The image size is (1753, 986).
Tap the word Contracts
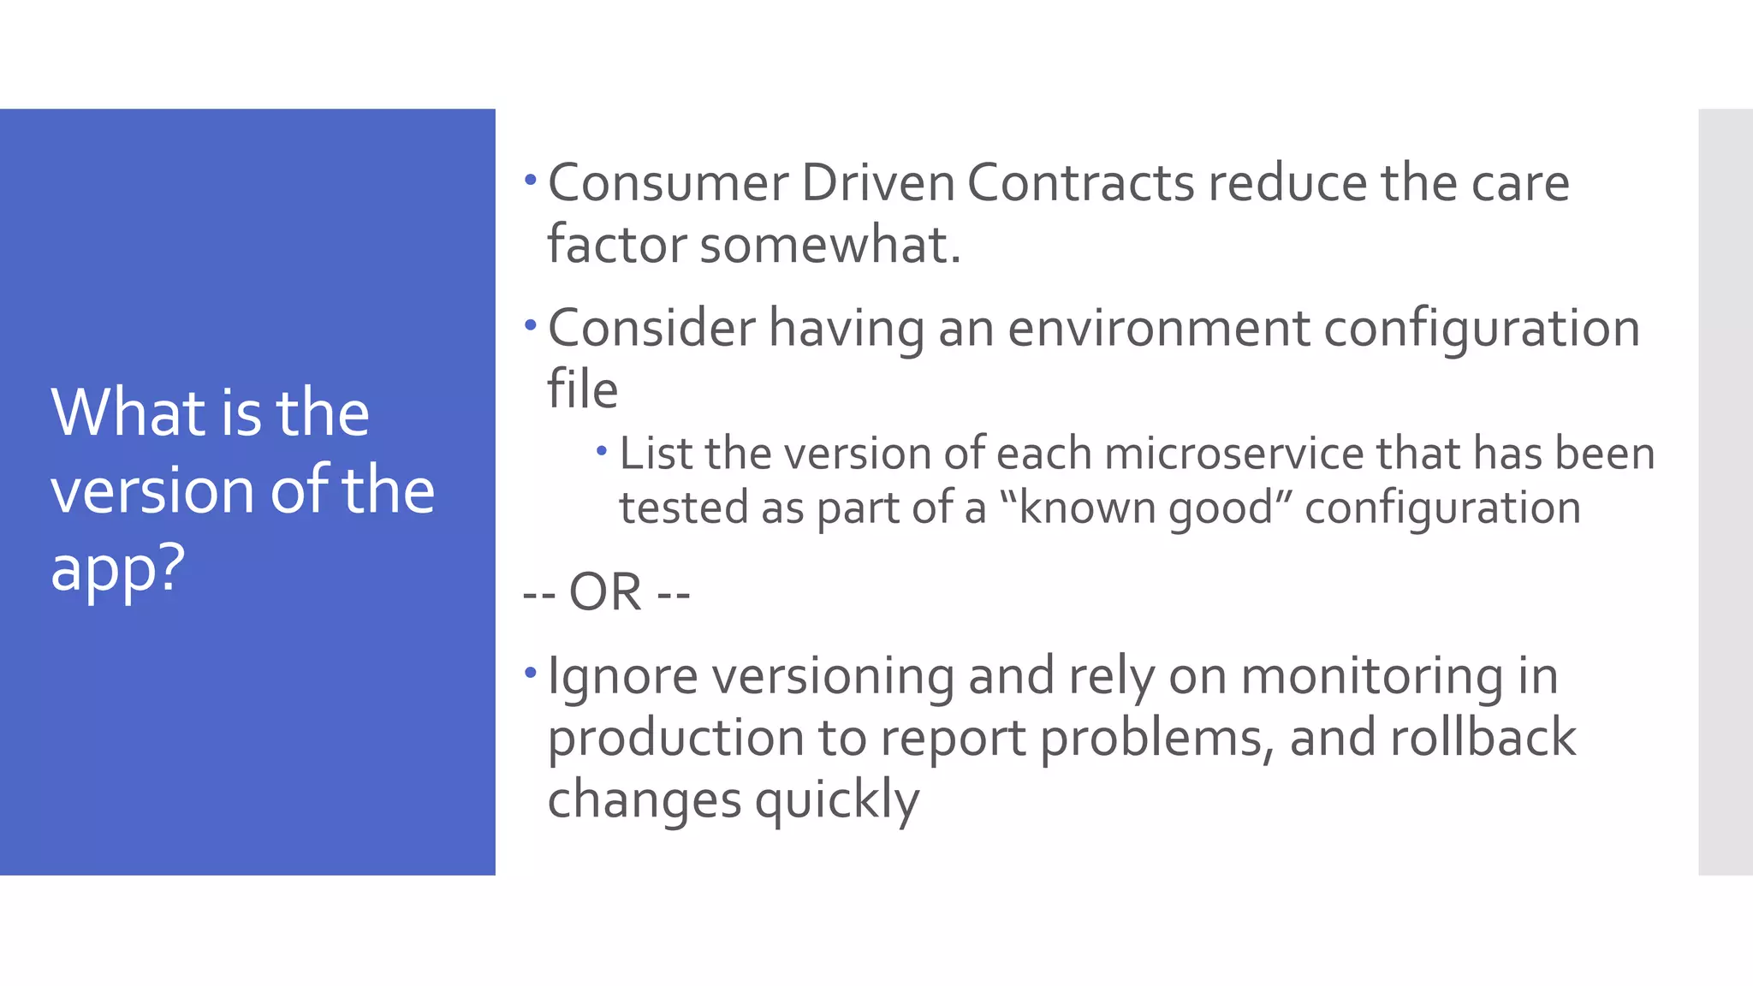click(1080, 183)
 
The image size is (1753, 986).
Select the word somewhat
click(830, 245)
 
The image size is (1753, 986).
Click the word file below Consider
click(582, 390)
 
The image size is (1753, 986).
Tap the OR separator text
click(606, 592)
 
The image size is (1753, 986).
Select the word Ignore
click(622, 676)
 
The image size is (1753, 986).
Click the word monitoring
click(1371, 676)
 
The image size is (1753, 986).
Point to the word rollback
click(1483, 738)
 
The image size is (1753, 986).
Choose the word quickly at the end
click(836, 800)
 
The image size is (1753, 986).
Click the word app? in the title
click(118, 568)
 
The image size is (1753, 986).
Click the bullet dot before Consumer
click(531, 181)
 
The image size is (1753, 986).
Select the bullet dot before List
click(602, 450)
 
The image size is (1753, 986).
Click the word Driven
click(877, 183)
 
